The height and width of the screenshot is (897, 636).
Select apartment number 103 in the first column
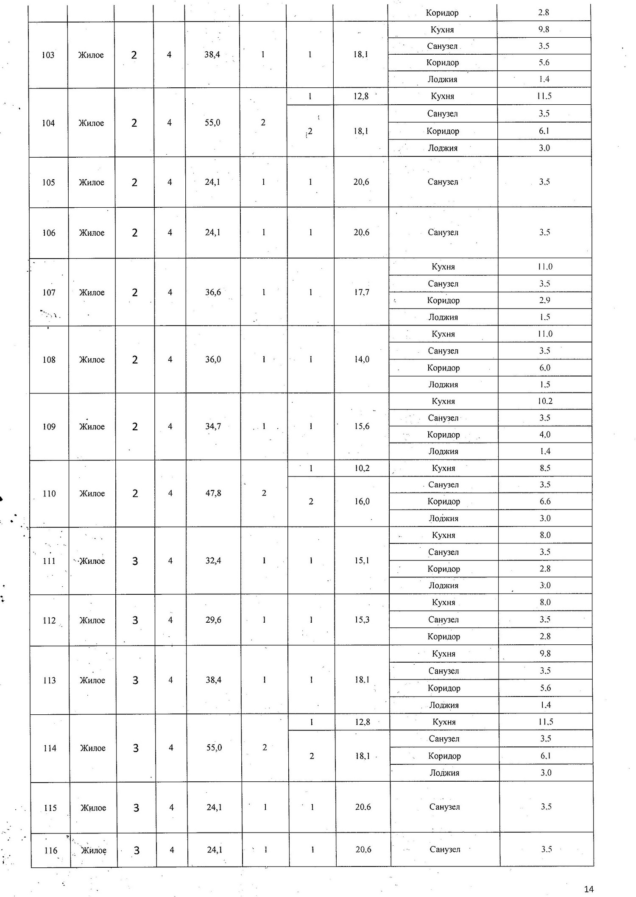pos(48,55)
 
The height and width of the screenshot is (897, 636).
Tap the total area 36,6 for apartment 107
pos(213,292)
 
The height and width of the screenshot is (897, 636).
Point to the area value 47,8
pos(213,493)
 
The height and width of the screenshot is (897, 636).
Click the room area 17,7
pos(362,292)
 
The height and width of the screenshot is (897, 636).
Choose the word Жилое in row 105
pos(92,182)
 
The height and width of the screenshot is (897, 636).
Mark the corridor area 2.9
pos(545,300)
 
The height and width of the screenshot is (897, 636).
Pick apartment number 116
pos(50,850)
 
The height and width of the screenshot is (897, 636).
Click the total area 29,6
pos(213,620)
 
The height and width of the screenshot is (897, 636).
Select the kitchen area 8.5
pos(545,468)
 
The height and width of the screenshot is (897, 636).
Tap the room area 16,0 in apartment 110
pos(362,501)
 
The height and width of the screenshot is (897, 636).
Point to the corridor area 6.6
pos(545,501)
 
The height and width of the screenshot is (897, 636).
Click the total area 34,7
pos(213,426)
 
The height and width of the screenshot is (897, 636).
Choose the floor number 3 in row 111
pos(135,561)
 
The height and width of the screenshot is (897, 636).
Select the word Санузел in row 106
pos(443,232)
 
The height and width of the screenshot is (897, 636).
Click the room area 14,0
pos(362,359)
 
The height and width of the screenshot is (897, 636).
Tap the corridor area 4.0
pos(545,435)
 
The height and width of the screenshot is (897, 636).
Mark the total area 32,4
pos(213,560)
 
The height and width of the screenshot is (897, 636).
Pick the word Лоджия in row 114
pos(444,773)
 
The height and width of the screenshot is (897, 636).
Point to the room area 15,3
pos(362,620)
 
